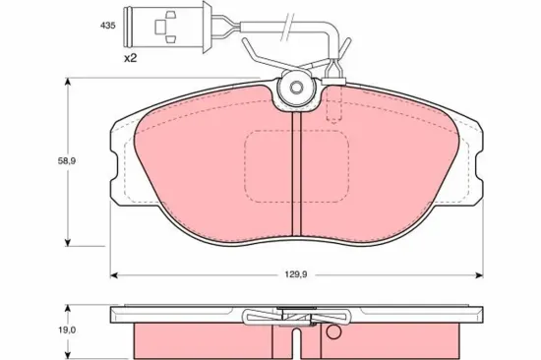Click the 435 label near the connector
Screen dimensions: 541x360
(x=107, y=26)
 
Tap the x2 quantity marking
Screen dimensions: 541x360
(x=131, y=58)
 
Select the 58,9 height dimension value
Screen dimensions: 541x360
(x=67, y=161)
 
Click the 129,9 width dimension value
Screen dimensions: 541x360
(x=296, y=274)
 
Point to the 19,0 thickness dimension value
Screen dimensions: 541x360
(x=68, y=330)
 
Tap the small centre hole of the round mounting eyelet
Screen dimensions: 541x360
(x=296, y=88)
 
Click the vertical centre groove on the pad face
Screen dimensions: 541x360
(x=297, y=174)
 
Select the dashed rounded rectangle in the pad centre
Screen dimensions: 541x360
(x=297, y=166)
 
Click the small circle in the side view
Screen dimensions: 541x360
(x=333, y=332)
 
